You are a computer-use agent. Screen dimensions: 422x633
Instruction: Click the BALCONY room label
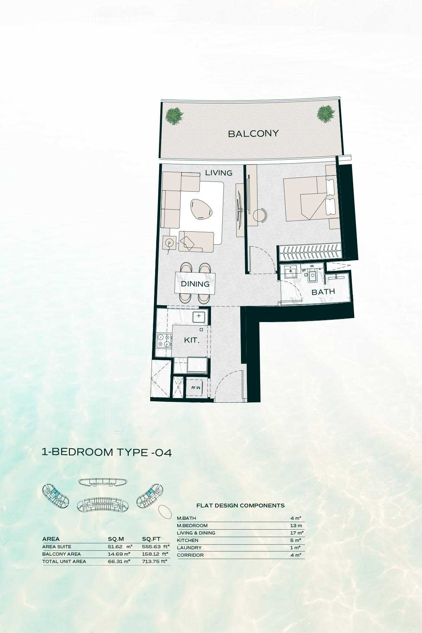click(253, 134)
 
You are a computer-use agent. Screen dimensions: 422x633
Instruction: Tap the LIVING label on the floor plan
click(219, 173)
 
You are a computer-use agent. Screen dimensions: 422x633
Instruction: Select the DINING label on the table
click(195, 284)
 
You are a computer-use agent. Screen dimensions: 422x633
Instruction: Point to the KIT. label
click(192, 340)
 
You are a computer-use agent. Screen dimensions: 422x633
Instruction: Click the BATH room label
click(323, 292)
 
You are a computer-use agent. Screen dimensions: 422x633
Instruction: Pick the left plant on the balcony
click(175, 115)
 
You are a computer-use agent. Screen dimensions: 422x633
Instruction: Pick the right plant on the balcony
click(326, 114)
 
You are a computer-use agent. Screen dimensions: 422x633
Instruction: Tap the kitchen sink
click(200, 316)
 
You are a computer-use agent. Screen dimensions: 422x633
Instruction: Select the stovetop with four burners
click(164, 340)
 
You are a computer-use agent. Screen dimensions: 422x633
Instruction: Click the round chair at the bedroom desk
click(261, 215)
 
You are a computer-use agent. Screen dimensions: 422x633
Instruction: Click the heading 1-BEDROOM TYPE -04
click(107, 452)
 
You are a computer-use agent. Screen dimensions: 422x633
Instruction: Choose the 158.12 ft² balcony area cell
click(156, 554)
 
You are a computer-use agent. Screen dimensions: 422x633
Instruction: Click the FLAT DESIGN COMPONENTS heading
click(241, 505)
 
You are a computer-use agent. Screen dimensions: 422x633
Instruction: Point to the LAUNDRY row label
click(189, 548)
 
